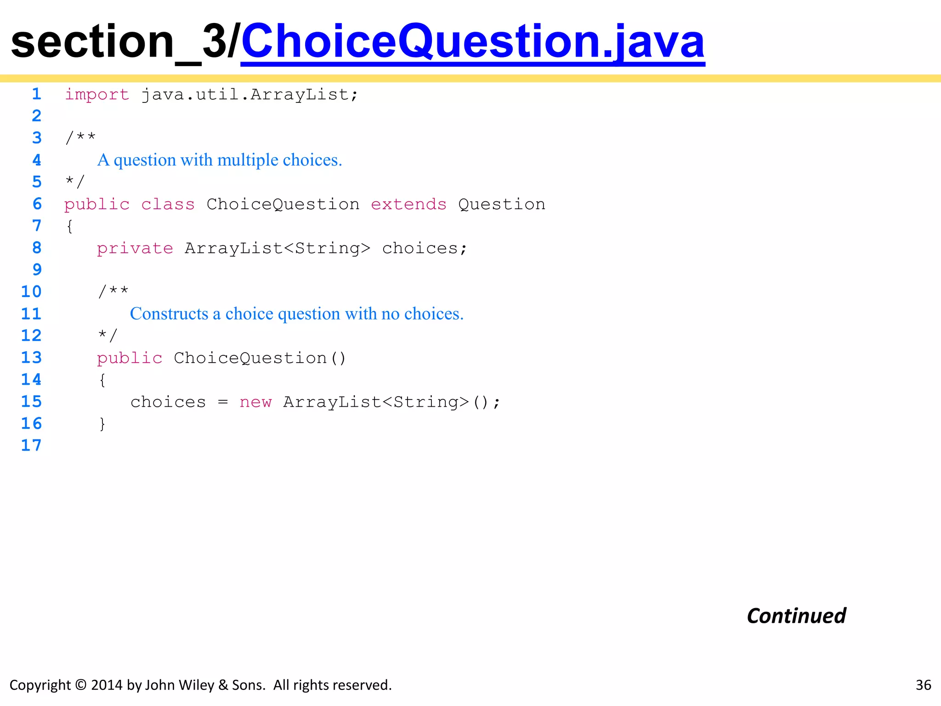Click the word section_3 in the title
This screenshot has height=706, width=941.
point(117,42)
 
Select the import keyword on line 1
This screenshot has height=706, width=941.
point(97,95)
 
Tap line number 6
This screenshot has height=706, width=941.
point(37,204)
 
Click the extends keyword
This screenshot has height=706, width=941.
point(408,204)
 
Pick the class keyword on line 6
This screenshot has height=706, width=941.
point(168,204)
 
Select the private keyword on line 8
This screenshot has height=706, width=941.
point(135,248)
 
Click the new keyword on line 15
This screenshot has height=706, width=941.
point(255,402)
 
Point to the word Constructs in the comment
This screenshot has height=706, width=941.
point(169,313)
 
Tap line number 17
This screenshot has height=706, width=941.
point(31,445)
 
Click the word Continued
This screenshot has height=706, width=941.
point(796,616)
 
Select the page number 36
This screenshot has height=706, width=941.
point(923,685)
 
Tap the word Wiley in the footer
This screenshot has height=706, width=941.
point(196,685)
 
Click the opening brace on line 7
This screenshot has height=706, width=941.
point(69,226)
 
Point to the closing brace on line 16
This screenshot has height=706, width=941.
point(102,424)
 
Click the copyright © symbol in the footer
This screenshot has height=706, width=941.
point(80,685)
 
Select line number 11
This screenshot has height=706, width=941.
point(31,313)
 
